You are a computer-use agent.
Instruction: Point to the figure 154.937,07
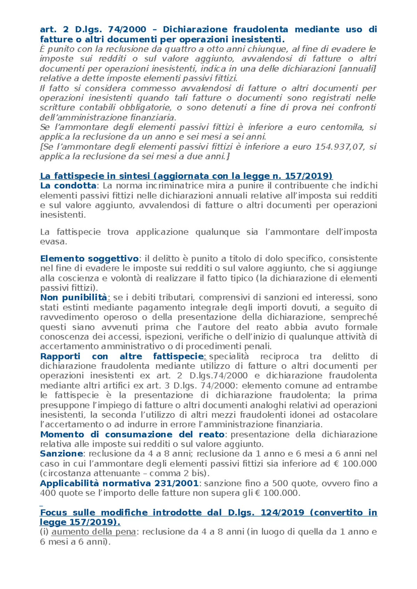click(340, 147)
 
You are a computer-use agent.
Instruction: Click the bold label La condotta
click(68, 186)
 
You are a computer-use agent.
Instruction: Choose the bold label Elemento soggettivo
click(89, 258)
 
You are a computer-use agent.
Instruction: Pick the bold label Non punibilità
click(74, 297)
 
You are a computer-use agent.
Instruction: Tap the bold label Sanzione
click(61, 454)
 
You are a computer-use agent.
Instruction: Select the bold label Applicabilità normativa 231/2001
click(119, 483)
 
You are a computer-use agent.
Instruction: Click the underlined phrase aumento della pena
click(93, 532)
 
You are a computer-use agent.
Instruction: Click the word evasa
click(53, 242)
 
